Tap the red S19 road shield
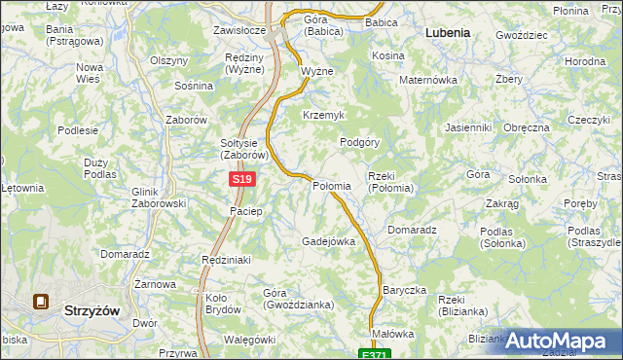[242, 180]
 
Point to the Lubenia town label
[448, 32]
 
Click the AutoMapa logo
[562, 341]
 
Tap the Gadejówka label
[328, 241]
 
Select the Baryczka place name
[405, 290]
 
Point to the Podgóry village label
[359, 141]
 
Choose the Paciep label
[244, 211]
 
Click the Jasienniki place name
[467, 127]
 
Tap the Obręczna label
[528, 127]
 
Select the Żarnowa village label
[155, 284]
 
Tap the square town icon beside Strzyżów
[42, 302]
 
